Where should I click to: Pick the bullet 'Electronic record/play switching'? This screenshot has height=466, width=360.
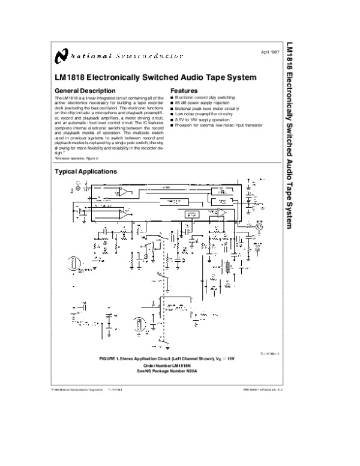[205, 97]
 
